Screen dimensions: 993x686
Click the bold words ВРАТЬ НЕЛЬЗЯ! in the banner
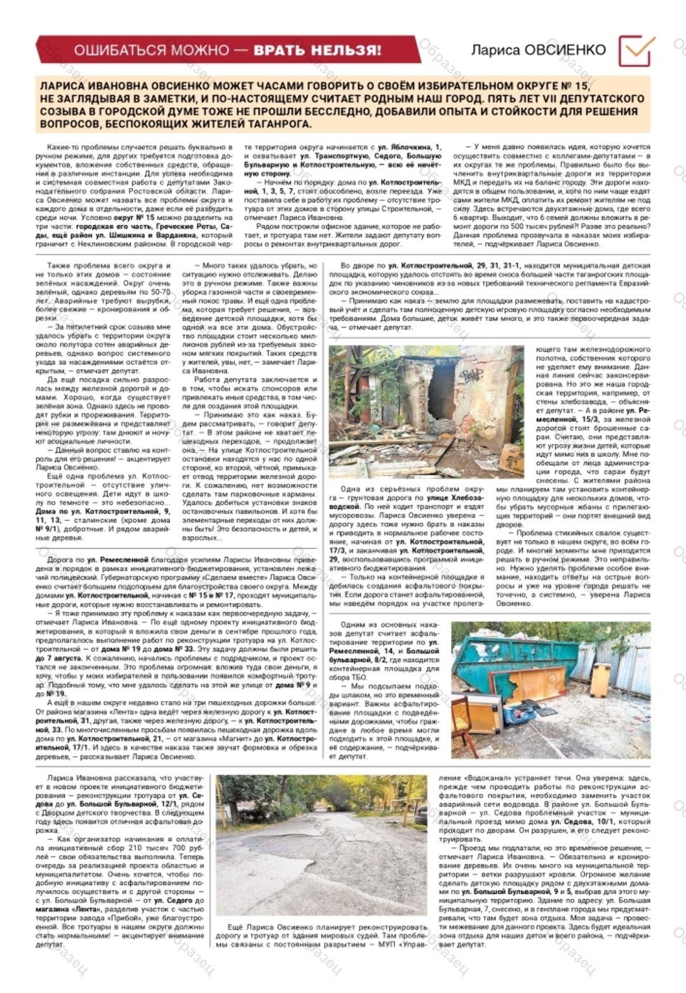coord(318,50)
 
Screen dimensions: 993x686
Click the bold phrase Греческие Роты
coord(182,226)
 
